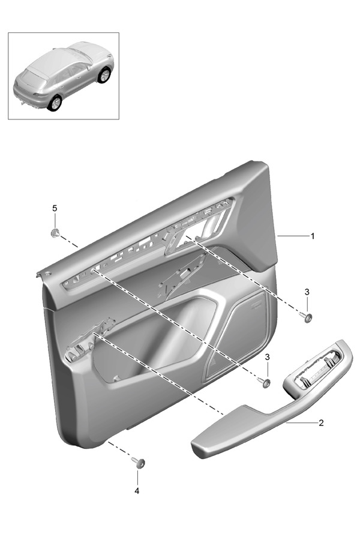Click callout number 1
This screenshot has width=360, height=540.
tap(313, 236)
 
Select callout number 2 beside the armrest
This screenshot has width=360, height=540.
tap(321, 423)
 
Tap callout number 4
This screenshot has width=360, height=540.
tap(137, 491)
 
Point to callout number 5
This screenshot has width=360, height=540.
tap(55, 208)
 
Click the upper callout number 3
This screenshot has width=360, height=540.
tap(307, 292)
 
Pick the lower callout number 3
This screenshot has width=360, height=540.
tap(268, 357)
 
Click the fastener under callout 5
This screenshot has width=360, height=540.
tap(55, 233)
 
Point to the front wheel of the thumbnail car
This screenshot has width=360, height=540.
tap(104, 75)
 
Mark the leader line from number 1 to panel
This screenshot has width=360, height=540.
tap(293, 236)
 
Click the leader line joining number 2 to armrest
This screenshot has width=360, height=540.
tap(301, 422)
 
